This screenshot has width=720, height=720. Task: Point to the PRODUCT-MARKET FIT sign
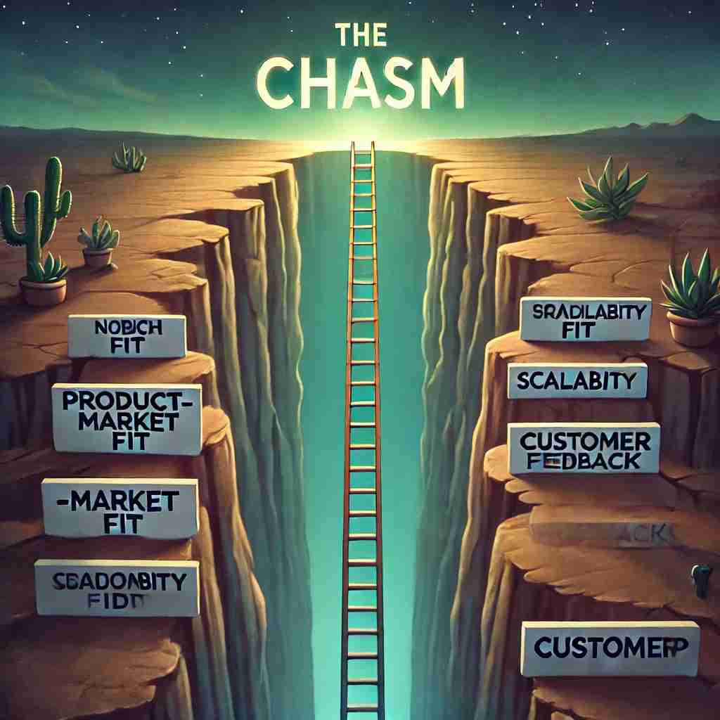pos(127,418)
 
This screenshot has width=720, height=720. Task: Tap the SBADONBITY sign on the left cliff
pos(117,587)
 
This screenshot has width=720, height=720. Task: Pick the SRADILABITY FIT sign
pos(586,319)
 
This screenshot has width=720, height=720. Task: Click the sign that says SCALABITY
pos(577,380)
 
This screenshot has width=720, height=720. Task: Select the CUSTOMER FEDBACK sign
pos(583,448)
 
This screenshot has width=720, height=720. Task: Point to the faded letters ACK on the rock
pos(652,536)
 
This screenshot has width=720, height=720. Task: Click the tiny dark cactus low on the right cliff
pos(699,580)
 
